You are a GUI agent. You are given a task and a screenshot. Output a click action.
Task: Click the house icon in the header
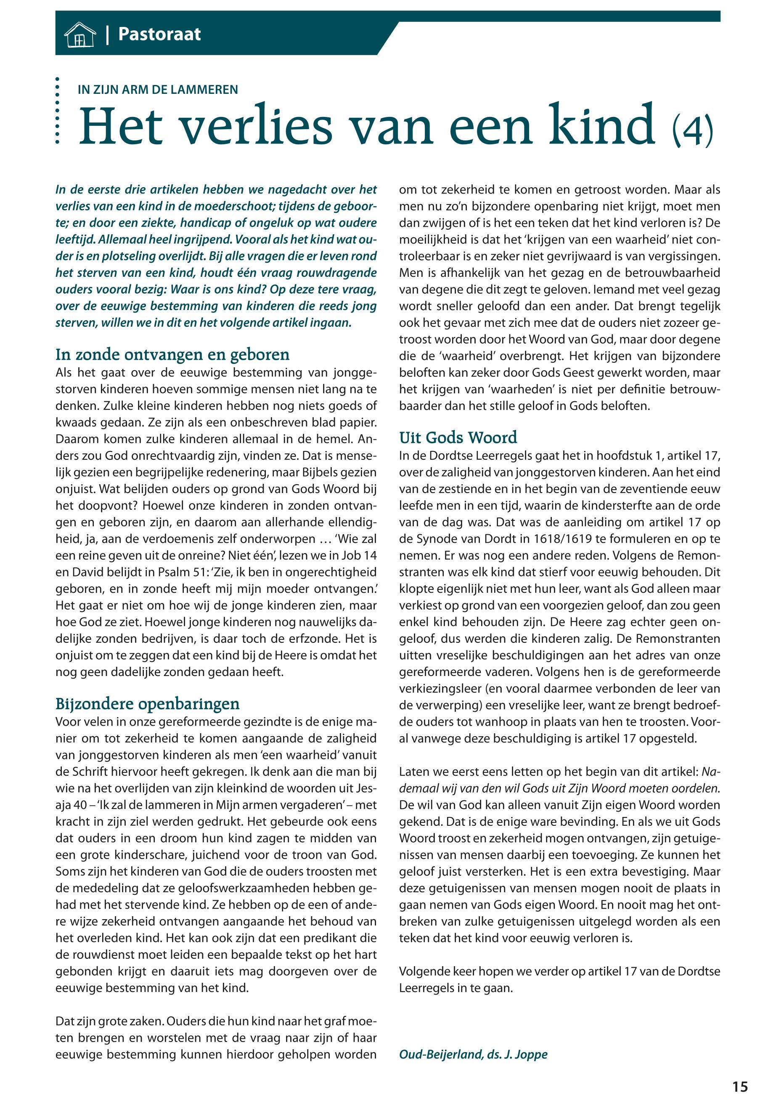(x=79, y=35)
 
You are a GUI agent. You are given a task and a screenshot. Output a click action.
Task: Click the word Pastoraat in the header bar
(x=159, y=34)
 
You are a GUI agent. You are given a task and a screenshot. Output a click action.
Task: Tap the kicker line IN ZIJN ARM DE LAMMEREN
(x=158, y=90)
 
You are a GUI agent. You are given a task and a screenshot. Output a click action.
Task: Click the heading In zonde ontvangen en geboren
(x=172, y=355)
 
